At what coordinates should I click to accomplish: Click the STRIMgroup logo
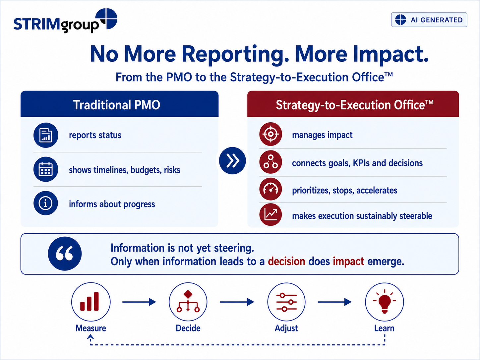pyautogui.click(x=65, y=21)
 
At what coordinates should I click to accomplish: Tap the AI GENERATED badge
pyautogui.click(x=429, y=20)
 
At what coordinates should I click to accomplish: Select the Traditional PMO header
pyautogui.click(x=119, y=104)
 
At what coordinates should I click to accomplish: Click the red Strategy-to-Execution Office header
pyautogui.click(x=353, y=104)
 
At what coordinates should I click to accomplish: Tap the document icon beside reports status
pyautogui.click(x=46, y=135)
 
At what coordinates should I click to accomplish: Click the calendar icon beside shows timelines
pyautogui.click(x=46, y=169)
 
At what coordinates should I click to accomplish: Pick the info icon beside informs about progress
pyautogui.click(x=46, y=203)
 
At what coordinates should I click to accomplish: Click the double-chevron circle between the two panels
pyautogui.click(x=232, y=161)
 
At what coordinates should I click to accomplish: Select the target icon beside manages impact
pyautogui.click(x=270, y=134)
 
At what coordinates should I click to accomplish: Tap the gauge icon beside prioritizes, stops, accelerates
pyautogui.click(x=270, y=189)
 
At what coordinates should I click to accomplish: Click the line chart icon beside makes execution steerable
pyautogui.click(x=270, y=214)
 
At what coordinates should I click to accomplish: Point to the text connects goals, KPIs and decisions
pyautogui.click(x=357, y=163)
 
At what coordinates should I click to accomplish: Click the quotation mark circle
pyautogui.click(x=65, y=254)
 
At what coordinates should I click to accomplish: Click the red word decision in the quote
pyautogui.click(x=286, y=261)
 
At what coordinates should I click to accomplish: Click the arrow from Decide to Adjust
pyautogui.click(x=237, y=302)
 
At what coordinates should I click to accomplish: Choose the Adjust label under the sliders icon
pyautogui.click(x=286, y=328)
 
